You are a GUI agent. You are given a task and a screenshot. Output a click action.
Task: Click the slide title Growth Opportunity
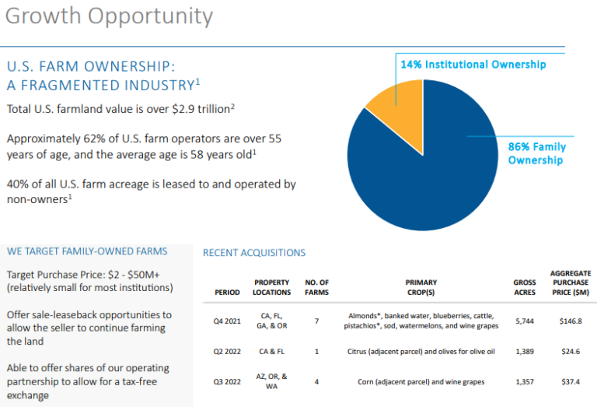110,16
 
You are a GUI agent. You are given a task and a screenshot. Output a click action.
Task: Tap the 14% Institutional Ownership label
473,65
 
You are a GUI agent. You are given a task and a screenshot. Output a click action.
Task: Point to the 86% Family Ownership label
536,153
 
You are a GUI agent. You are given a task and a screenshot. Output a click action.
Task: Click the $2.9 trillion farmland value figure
200,110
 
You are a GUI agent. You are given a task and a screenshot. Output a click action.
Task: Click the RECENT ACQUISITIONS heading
253,253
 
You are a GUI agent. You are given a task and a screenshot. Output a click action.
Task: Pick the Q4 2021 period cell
227,321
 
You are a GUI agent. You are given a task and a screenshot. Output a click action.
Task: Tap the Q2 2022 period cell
227,352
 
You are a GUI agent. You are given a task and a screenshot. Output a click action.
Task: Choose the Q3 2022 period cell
227,381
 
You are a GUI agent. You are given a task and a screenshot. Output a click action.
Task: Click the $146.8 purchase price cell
571,321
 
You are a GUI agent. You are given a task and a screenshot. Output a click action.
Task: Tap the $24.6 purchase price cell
571,352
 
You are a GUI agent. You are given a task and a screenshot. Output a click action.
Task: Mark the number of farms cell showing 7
316,321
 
